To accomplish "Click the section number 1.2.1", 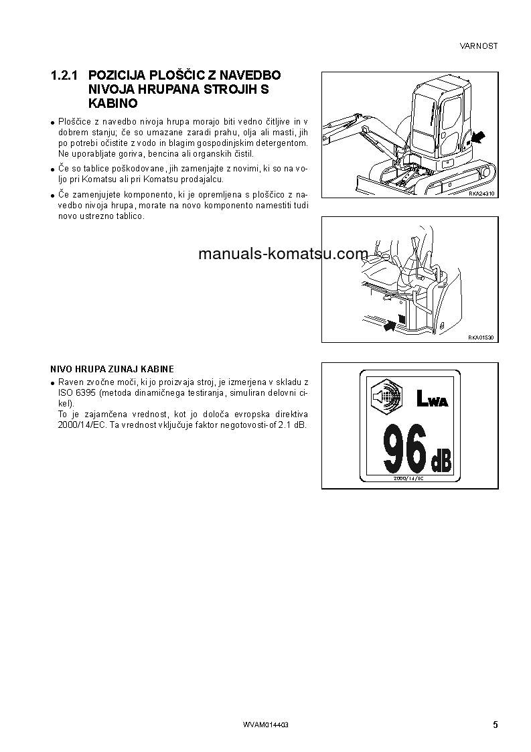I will click(65, 76).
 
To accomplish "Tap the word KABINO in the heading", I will click(112, 104).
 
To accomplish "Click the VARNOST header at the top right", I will click(479, 46).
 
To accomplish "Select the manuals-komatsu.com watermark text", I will click(283, 254).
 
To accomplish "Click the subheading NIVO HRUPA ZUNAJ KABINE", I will click(112, 369).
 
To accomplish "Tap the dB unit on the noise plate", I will click(441, 461).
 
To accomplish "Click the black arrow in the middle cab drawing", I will click(388, 326).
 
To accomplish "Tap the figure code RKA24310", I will click(481, 193).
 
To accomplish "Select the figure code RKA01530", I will click(481, 337).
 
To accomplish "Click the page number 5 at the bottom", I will click(495, 725).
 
